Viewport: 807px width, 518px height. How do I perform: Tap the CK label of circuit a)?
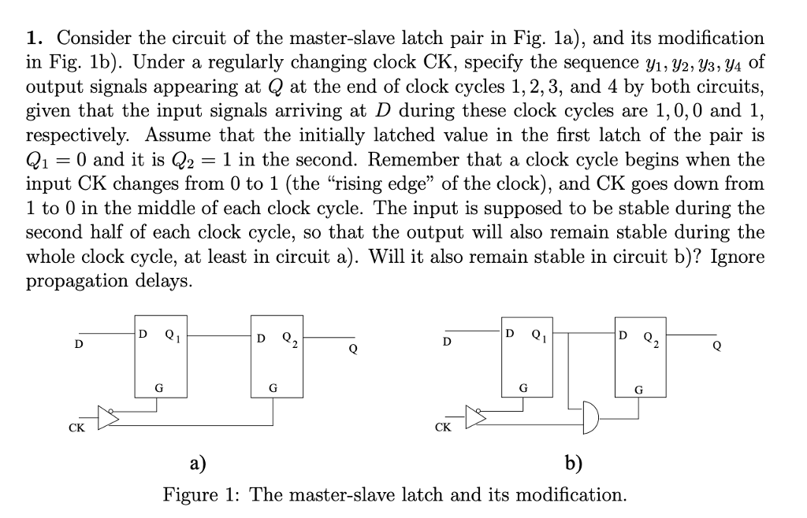76,429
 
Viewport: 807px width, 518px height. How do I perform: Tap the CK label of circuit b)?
443,429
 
